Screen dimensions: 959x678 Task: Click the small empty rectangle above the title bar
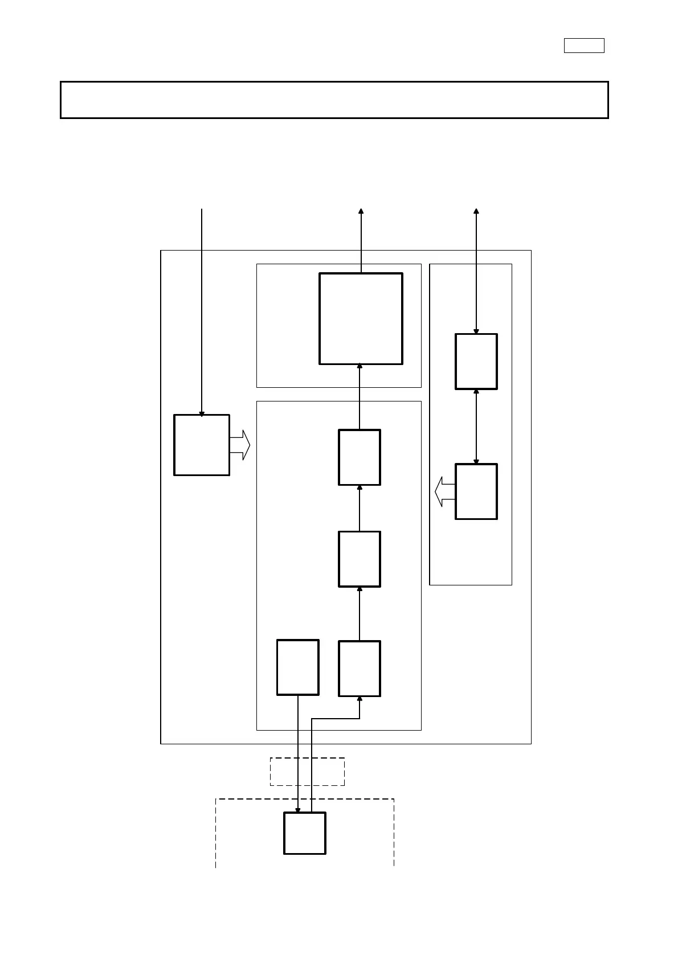click(x=584, y=46)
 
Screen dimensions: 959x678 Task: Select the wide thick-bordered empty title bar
click(x=334, y=100)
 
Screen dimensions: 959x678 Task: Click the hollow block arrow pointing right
click(x=240, y=445)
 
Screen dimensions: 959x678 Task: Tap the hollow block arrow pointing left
click(x=445, y=491)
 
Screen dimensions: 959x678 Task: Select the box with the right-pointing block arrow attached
click(x=202, y=445)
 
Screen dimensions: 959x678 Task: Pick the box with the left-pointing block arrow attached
click(x=476, y=491)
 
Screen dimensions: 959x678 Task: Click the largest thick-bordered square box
click(x=361, y=318)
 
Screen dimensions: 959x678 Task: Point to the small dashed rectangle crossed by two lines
click(x=307, y=772)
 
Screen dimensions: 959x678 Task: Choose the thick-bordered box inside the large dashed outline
click(x=305, y=833)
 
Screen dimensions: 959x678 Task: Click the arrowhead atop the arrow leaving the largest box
click(x=361, y=211)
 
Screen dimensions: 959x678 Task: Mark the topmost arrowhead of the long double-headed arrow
click(x=476, y=211)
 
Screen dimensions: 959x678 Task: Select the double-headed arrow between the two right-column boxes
click(x=476, y=427)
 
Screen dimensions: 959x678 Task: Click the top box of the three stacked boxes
click(x=360, y=457)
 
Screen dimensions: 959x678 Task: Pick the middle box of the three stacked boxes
click(x=360, y=559)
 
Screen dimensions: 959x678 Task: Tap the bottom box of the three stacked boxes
click(x=360, y=669)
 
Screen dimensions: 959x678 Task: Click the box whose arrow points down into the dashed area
click(x=297, y=667)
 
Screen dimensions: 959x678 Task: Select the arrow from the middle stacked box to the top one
click(x=360, y=508)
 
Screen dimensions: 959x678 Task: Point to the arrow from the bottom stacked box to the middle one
click(x=360, y=614)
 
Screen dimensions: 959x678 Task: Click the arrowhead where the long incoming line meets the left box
click(x=202, y=414)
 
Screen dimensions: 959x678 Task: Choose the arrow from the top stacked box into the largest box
click(x=360, y=397)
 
